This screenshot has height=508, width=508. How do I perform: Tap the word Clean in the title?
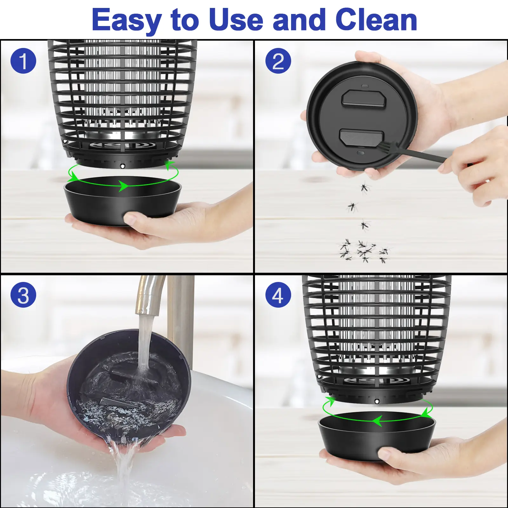coord(376,20)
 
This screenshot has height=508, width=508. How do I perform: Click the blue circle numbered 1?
coord(23,61)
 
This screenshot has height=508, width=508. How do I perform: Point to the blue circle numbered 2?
coord(278,61)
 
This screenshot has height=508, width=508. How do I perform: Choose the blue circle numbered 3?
coord(23,295)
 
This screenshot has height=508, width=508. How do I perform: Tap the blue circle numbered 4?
coord(278,295)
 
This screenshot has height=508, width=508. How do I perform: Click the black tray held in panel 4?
coord(377,436)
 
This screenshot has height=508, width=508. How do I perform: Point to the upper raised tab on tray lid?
coord(364,98)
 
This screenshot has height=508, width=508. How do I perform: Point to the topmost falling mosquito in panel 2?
coord(364,187)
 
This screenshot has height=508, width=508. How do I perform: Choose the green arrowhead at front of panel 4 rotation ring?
coord(377,421)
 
